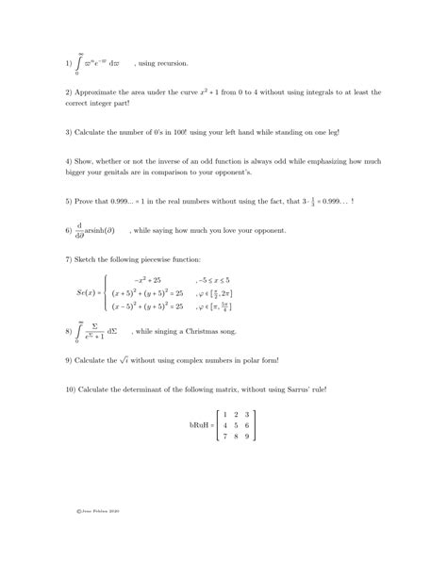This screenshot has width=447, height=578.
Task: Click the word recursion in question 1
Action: (x=174, y=63)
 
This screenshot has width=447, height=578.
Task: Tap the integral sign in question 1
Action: (x=79, y=63)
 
